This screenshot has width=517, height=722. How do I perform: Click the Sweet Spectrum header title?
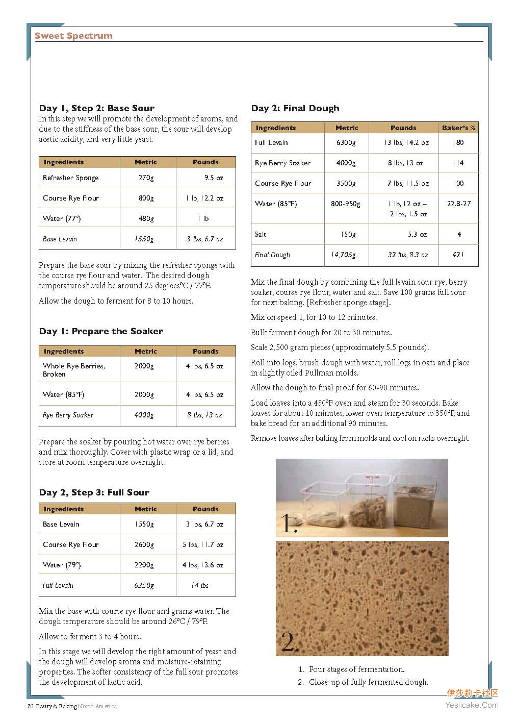click(x=73, y=36)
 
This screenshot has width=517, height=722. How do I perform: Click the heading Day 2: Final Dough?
click(x=295, y=108)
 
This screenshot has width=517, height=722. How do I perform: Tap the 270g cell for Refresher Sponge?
click(x=146, y=178)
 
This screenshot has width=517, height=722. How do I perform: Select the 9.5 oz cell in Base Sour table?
click(x=214, y=178)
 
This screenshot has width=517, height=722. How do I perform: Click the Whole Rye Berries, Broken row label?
click(x=73, y=370)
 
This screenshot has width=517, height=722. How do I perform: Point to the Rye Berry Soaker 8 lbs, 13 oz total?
click(x=204, y=415)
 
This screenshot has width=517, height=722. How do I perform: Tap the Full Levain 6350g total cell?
click(x=144, y=586)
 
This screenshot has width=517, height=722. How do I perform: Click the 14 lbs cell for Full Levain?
click(x=200, y=586)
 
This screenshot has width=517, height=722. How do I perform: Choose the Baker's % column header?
click(x=458, y=128)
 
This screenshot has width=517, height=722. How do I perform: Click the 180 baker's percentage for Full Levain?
click(x=458, y=143)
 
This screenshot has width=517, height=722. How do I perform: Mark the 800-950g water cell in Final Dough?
click(x=345, y=204)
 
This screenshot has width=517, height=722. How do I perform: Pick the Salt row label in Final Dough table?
click(x=261, y=235)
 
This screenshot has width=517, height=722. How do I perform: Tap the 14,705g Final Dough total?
click(x=343, y=255)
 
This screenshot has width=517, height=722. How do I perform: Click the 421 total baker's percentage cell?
click(x=458, y=255)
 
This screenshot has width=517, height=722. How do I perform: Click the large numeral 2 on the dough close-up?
click(x=289, y=642)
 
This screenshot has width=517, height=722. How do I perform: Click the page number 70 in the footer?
click(x=30, y=707)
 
